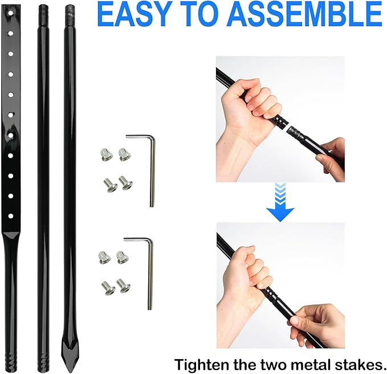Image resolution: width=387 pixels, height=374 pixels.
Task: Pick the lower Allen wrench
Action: point(145,268)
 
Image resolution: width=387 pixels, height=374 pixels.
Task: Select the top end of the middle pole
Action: point(43,8)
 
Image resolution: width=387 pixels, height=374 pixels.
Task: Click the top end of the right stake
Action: point(70,8)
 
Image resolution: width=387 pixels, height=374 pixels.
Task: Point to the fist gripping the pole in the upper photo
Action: point(256,111)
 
